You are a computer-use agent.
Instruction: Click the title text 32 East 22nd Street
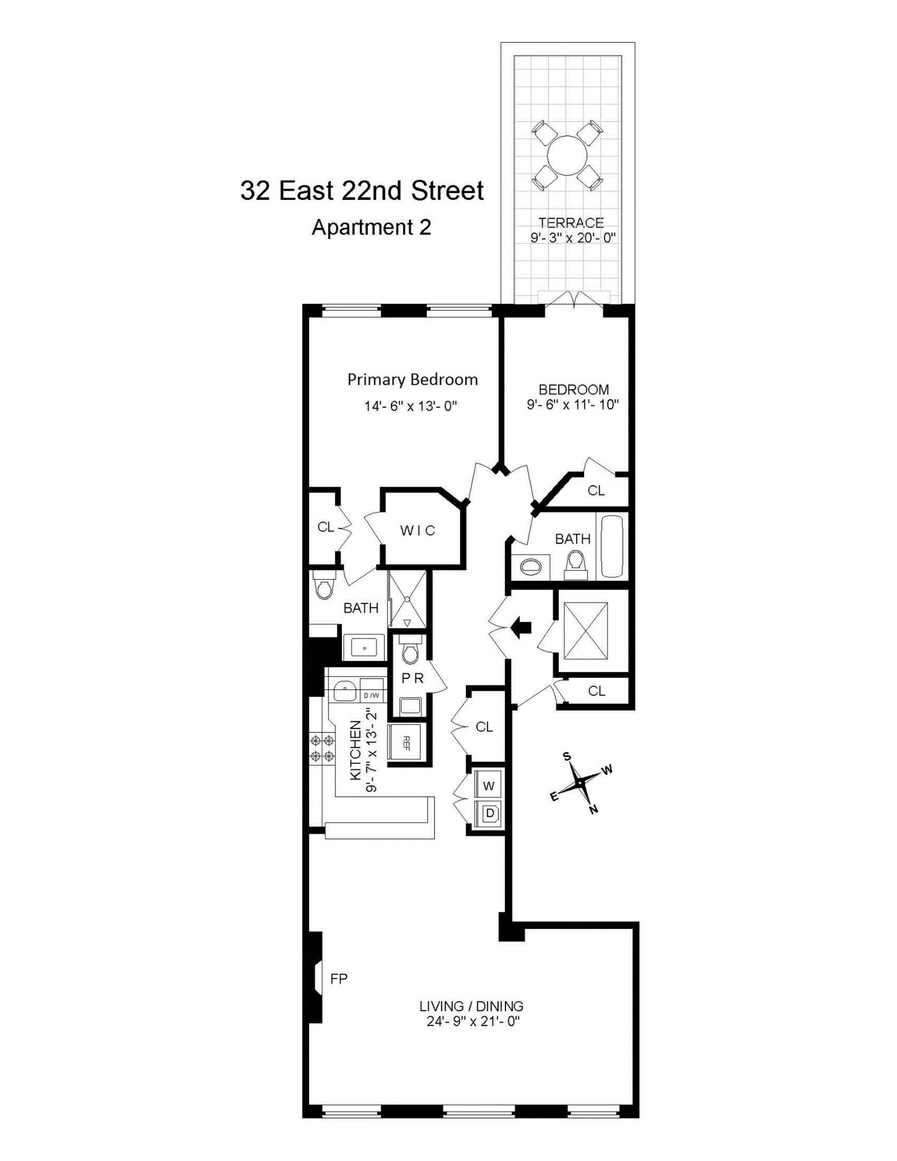(361, 191)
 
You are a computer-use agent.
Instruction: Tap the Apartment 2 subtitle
(371, 227)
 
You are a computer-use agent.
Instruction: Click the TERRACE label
(571, 223)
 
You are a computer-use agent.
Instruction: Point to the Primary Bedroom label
(412, 380)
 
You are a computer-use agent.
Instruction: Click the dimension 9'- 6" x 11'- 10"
(573, 404)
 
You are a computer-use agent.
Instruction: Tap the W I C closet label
(417, 531)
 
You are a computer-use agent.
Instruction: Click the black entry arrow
(521, 627)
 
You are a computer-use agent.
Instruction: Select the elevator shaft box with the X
(586, 630)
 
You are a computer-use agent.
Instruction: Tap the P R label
(412, 679)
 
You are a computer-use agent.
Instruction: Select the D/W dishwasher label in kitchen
(372, 696)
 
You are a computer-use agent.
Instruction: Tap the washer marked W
(488, 786)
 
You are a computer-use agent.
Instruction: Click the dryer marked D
(489, 813)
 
